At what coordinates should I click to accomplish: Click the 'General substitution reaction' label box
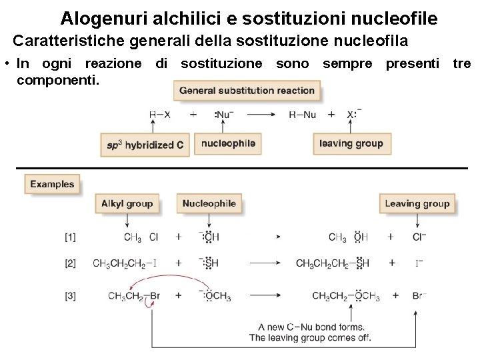pos(247,91)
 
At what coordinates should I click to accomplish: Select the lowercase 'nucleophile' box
pos(228,143)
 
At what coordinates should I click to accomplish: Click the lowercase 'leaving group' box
pos(351,143)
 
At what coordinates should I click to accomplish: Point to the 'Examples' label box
pos(52,184)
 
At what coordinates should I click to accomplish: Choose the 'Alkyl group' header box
pos(127,204)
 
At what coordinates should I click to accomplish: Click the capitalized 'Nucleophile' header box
pos(209,204)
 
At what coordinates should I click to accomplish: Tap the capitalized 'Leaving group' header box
pos(417,204)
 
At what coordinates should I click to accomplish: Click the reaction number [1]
pos(70,237)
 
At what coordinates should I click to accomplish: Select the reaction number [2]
pos(70,263)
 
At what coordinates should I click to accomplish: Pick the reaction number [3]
pos(70,296)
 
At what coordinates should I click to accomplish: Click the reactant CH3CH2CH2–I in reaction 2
pos(125,263)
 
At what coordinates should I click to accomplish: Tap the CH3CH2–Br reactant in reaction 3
pos(133,296)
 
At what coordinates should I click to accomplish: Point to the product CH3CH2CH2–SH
pos(333,263)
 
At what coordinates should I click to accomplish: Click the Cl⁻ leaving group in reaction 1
pos(419,237)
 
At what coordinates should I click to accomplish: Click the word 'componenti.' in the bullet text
pos(58,80)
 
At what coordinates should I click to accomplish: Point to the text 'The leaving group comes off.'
pos(310,338)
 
